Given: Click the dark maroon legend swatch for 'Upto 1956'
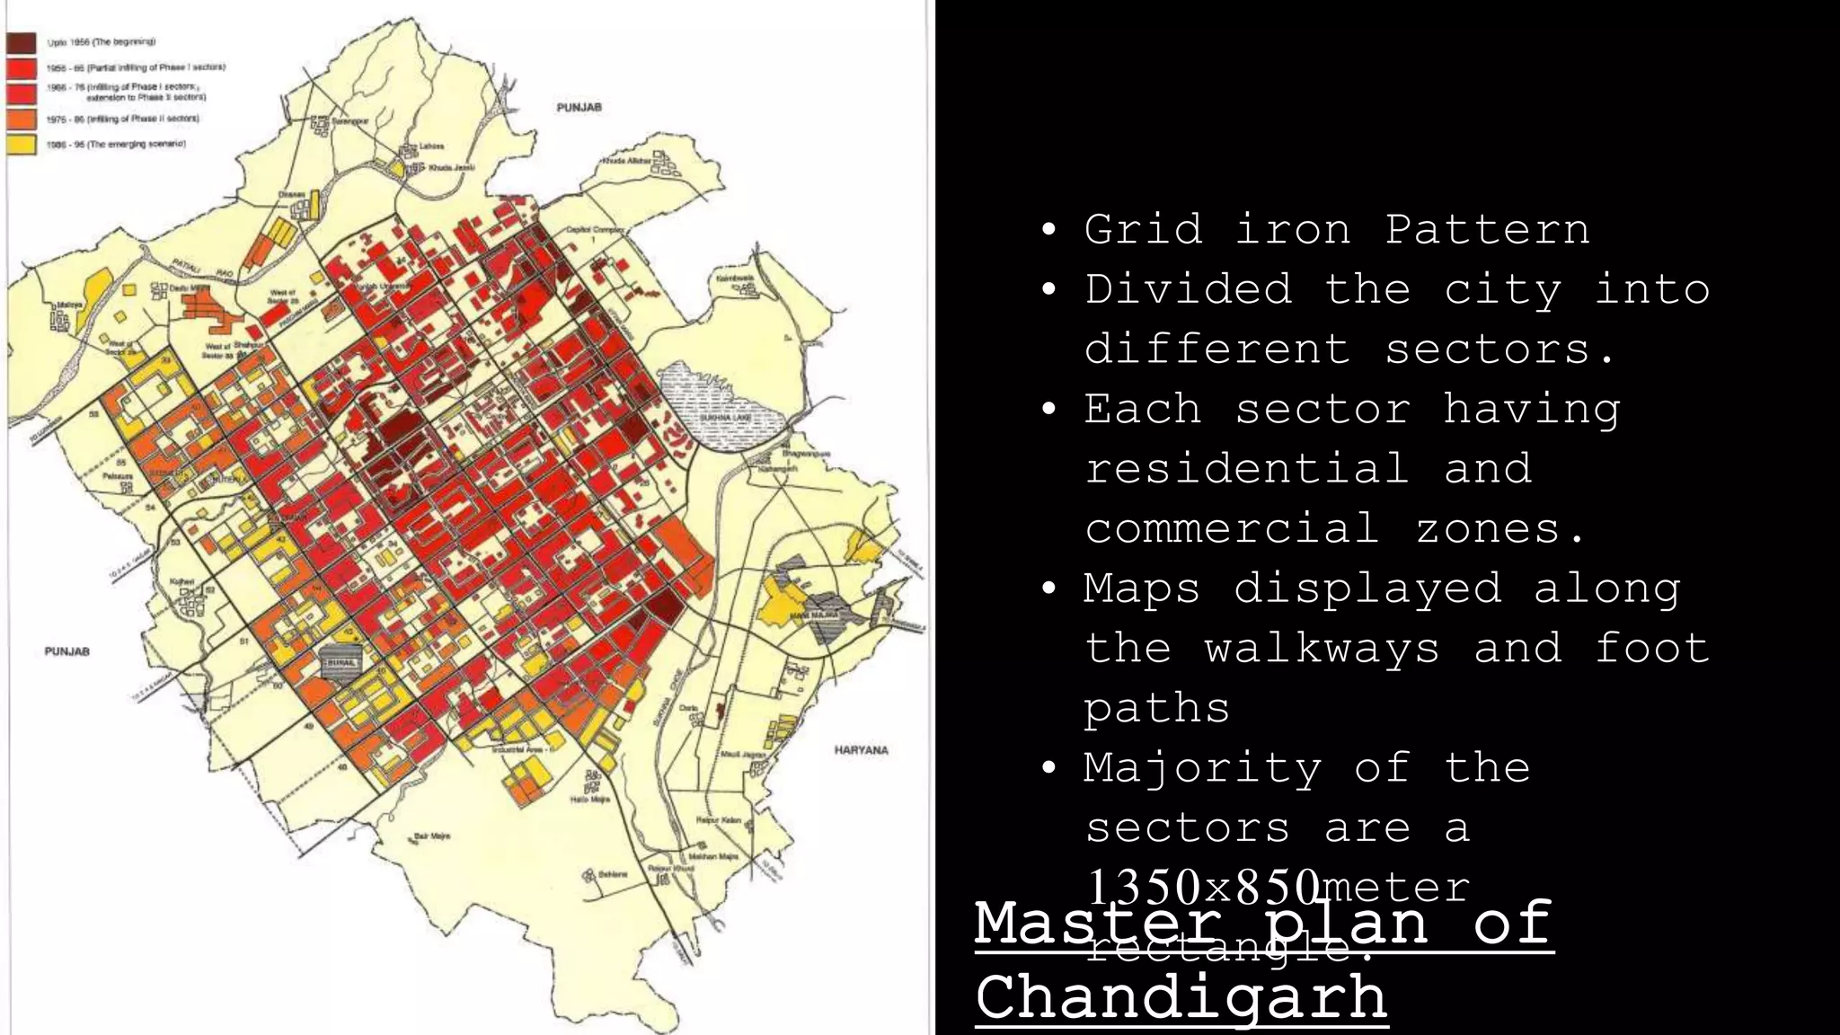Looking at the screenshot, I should (22, 42).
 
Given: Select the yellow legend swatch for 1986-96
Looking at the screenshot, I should (22, 144).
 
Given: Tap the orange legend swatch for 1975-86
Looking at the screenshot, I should (22, 119).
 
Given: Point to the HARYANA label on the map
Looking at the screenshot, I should (861, 750).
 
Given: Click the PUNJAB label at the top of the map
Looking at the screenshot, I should (579, 107).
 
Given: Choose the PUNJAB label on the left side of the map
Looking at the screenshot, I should (66, 651).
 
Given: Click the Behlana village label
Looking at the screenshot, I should (614, 872).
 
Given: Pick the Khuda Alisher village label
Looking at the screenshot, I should (626, 160).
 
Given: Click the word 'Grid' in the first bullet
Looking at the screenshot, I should (1143, 229).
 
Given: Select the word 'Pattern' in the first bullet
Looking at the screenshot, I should (1487, 229).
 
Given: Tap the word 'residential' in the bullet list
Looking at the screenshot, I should (1246, 468).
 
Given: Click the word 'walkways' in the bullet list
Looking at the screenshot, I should (1322, 648).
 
